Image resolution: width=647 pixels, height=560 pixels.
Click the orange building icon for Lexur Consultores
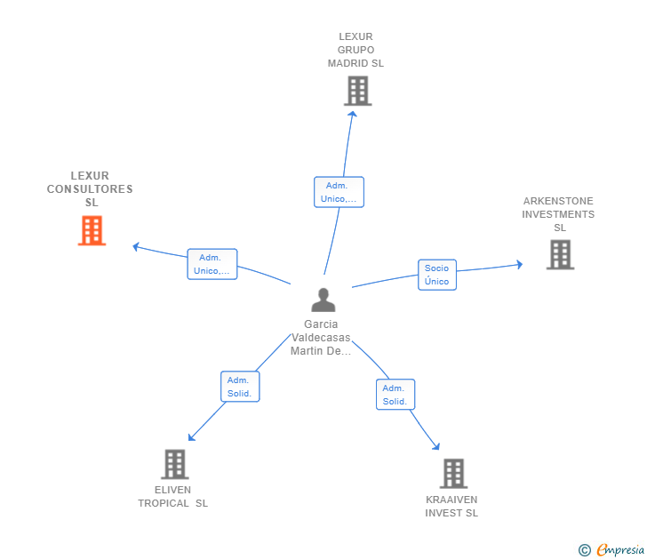point(92,230)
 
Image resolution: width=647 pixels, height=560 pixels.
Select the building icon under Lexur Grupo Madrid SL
point(358,91)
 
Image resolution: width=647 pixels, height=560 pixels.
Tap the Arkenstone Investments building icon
point(560,254)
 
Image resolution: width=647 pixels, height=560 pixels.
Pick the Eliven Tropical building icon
point(175,464)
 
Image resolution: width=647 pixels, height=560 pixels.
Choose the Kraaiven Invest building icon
point(453,474)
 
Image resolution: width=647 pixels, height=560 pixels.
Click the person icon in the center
point(323,300)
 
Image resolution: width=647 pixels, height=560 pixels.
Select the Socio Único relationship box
point(437,275)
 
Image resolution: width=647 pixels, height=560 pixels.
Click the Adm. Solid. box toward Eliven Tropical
point(240,387)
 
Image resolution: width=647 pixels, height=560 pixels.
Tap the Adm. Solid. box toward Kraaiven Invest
point(395,395)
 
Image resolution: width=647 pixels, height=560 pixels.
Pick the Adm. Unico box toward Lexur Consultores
point(212,264)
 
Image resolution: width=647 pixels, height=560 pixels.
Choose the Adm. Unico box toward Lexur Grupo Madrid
point(339,192)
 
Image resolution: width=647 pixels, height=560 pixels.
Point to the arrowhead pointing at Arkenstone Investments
point(520,264)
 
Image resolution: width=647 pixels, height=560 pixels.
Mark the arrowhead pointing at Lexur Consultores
point(136,247)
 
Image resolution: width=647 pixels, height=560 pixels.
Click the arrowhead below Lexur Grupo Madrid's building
point(352,114)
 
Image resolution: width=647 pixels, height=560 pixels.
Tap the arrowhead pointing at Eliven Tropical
point(191,437)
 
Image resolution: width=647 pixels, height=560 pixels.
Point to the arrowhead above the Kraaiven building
point(436,446)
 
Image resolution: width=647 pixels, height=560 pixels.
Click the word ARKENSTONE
point(558,201)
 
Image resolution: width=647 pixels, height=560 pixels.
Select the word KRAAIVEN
point(451,500)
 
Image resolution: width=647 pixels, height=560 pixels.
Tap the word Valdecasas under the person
point(321,338)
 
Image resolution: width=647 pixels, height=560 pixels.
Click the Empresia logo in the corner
point(611,549)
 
